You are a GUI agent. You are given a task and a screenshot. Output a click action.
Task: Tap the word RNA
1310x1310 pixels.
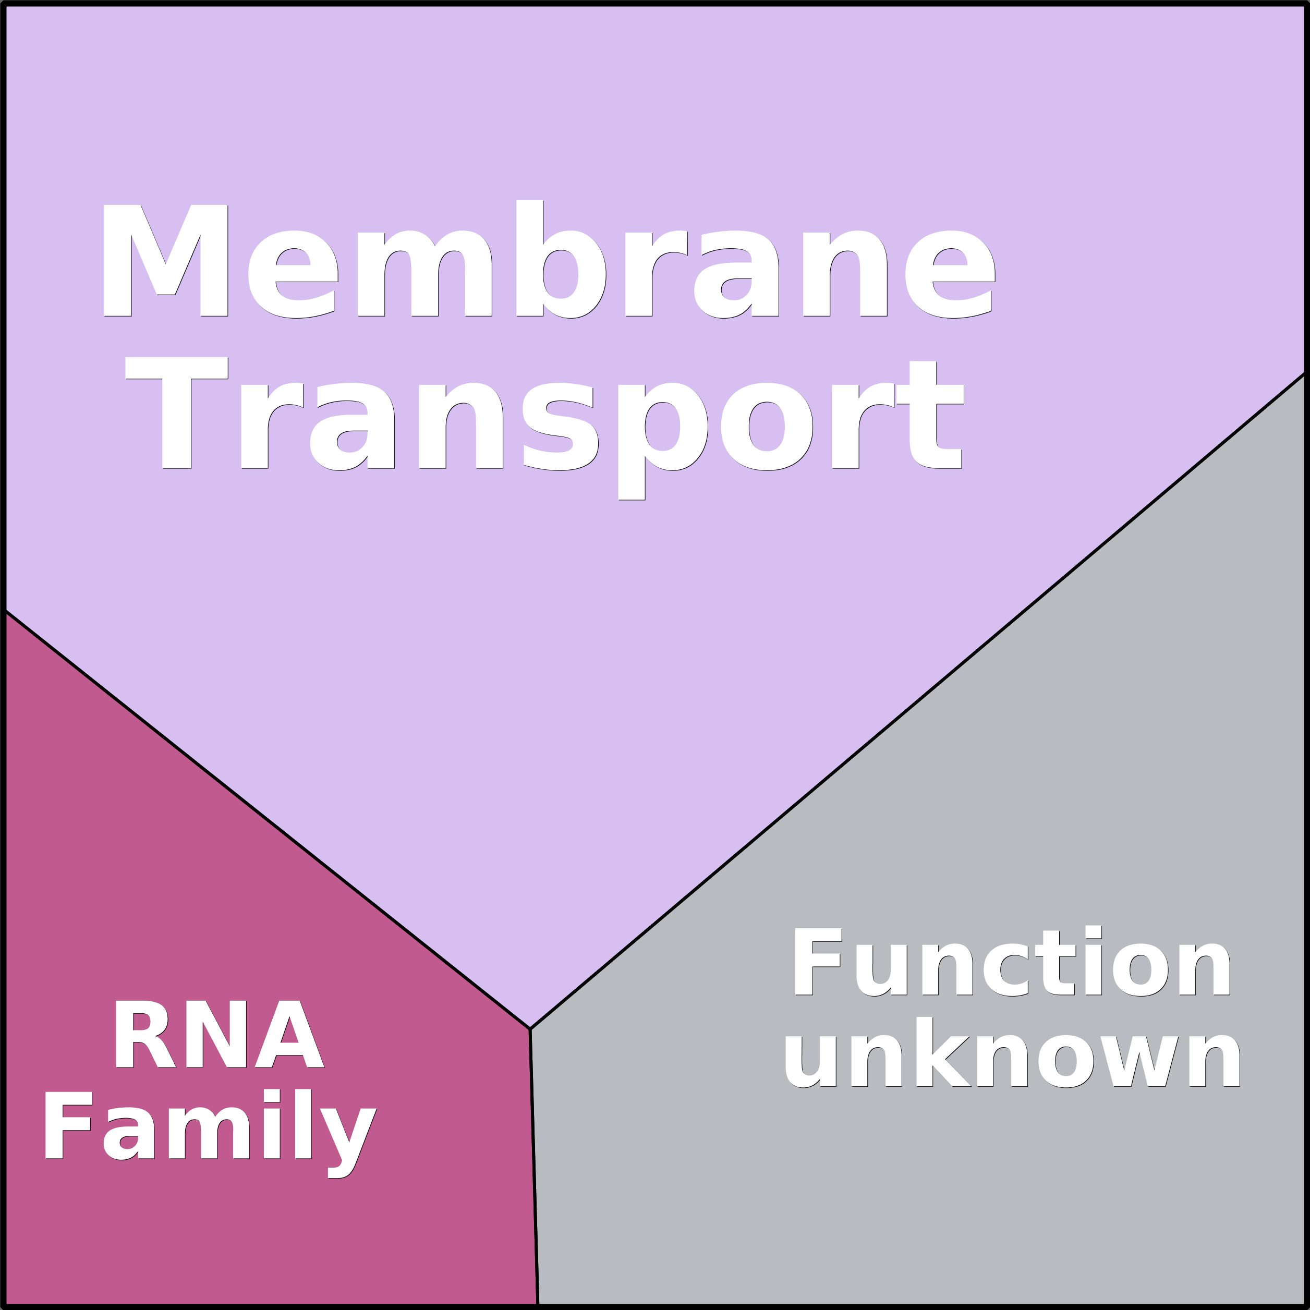coord(219,1034)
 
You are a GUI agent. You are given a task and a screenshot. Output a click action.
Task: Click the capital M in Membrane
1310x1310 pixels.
coord(165,260)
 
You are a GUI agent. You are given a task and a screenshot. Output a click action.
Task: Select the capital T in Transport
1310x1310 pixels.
coord(177,413)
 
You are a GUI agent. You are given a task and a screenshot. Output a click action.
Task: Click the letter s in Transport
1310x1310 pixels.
coord(561,427)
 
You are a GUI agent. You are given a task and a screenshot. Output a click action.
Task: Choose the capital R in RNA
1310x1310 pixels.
coord(145,1034)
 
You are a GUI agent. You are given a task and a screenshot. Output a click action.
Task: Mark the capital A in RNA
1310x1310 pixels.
coord(289,1034)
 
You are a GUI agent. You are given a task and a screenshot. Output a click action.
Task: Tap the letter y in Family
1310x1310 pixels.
coord(348,1143)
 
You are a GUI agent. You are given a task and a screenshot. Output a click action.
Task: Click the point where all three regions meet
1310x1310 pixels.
coord(530,1028)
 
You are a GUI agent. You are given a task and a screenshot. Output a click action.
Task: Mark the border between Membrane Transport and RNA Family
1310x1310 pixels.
coord(267,819)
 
